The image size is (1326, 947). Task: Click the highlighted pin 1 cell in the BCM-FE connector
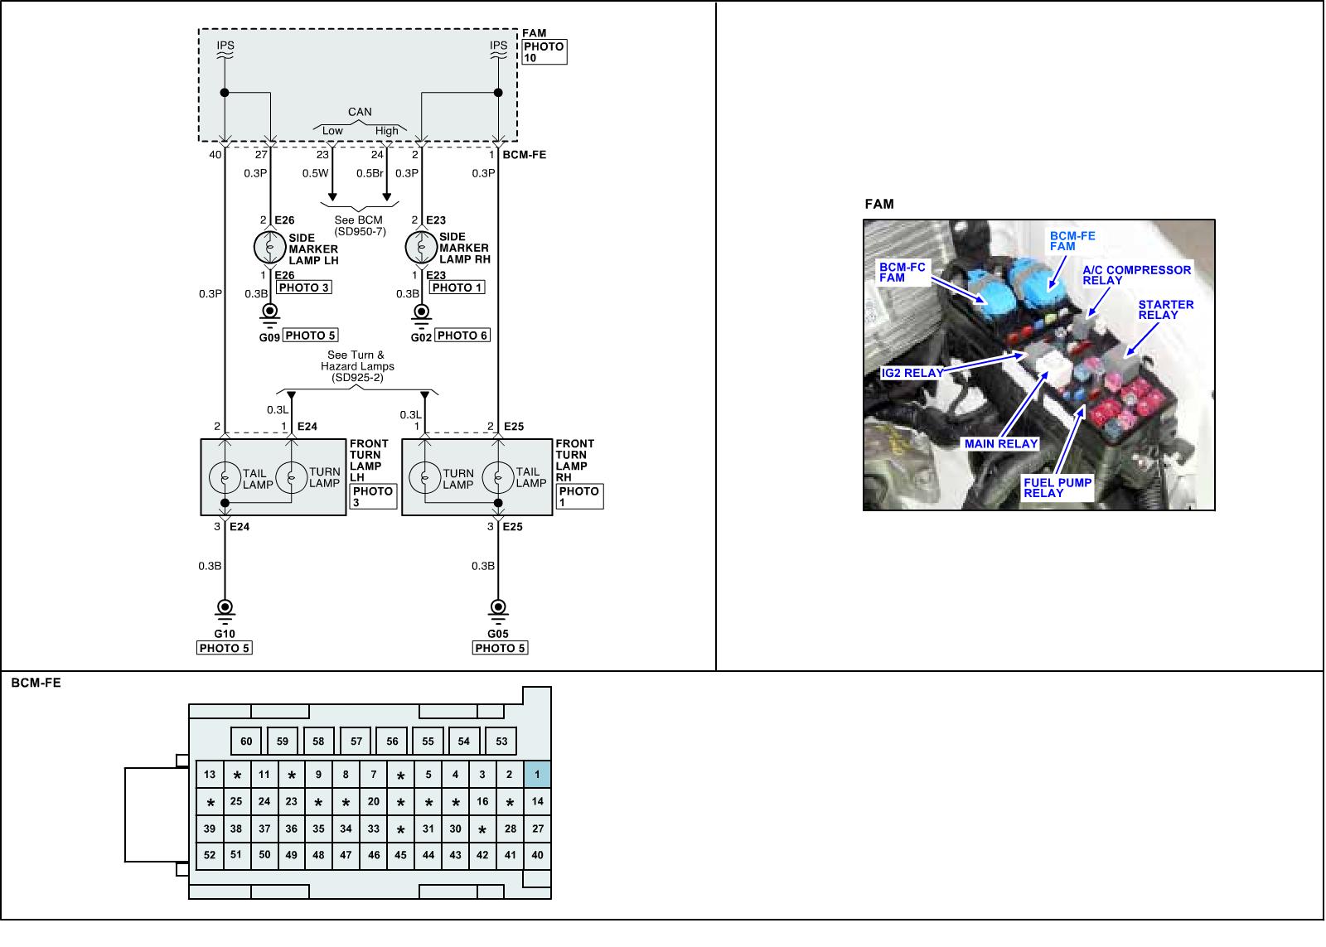(537, 775)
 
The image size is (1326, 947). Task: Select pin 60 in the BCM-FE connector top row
(246, 741)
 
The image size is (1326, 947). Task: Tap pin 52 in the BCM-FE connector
(210, 855)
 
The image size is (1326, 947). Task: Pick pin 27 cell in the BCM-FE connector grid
(537, 829)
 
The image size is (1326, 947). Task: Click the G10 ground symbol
(225, 608)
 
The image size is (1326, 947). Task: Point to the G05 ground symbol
(498, 608)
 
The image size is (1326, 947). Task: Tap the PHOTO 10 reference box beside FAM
(544, 52)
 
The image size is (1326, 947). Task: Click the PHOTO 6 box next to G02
(462, 336)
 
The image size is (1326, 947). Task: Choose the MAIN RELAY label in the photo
(1000, 444)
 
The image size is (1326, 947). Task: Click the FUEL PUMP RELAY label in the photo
(1057, 488)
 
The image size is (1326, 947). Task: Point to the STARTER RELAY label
(1165, 310)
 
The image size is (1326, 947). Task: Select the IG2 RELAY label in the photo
(912, 373)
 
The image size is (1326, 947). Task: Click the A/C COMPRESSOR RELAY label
(1136, 275)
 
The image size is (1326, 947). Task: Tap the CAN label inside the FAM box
(360, 112)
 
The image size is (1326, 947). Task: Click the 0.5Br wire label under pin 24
(370, 174)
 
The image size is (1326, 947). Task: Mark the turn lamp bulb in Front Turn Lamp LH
(291, 478)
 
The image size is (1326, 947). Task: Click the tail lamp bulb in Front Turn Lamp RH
(498, 478)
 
